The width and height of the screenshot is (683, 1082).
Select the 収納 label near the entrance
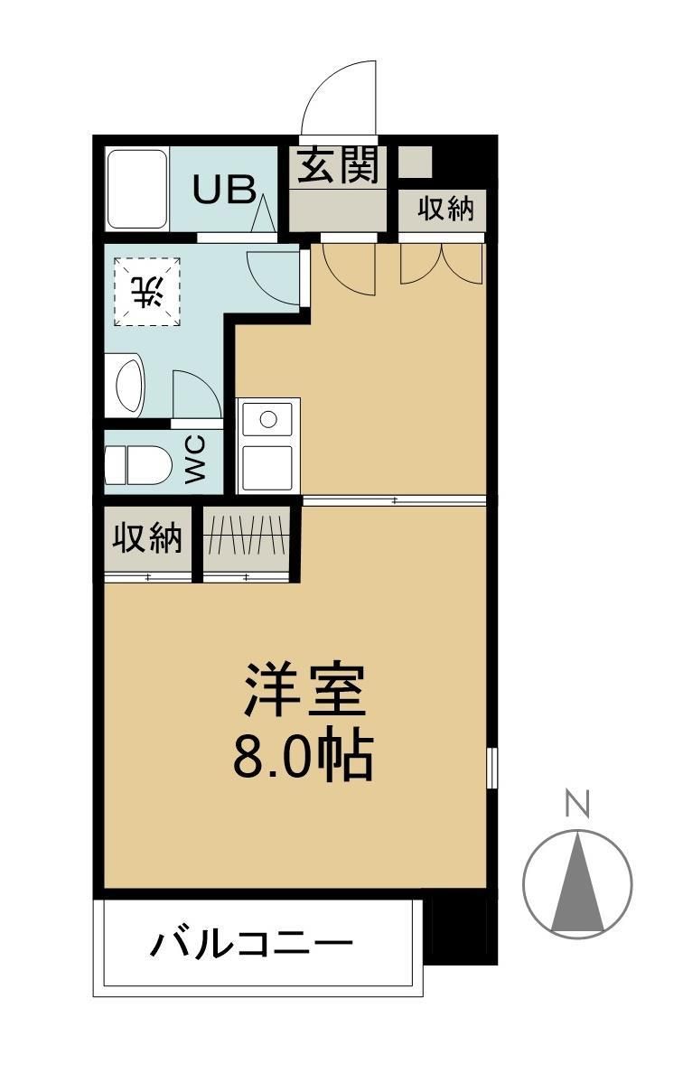click(444, 209)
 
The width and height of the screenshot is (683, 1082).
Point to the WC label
click(196, 461)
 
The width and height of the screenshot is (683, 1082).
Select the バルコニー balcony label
click(250, 947)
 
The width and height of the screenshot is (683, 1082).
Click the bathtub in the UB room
click(137, 190)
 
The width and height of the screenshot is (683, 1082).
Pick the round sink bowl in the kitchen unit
click(268, 419)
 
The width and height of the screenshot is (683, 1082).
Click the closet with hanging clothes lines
click(247, 539)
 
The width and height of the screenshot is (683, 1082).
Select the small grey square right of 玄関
click(416, 162)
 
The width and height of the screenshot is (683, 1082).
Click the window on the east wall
click(491, 768)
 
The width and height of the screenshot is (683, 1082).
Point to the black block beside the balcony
click(462, 930)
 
